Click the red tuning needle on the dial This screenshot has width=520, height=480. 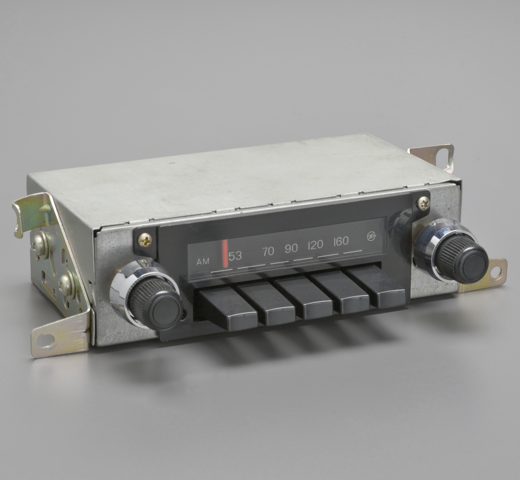tap(225, 253)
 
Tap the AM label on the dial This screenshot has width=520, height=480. tap(203, 262)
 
